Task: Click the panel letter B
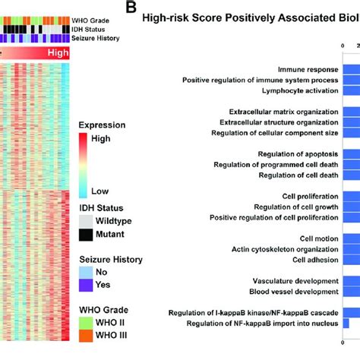point(131,8)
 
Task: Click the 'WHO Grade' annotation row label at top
point(90,21)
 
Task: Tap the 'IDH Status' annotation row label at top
point(88,30)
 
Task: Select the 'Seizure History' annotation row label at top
point(96,38)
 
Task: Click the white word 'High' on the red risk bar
point(58,52)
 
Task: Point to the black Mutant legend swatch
point(86,235)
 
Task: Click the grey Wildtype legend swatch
point(86,222)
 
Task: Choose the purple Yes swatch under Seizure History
point(86,286)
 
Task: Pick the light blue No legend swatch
point(86,273)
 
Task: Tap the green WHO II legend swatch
point(86,323)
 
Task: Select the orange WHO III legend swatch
point(86,336)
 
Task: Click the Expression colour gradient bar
point(83,166)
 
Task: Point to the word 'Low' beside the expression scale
point(99,191)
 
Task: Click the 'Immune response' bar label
point(308,70)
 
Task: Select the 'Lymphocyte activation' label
point(300,90)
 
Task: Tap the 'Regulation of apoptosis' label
point(298,154)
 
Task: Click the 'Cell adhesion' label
point(315,260)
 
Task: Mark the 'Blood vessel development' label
point(294,292)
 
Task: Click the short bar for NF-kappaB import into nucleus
point(346,324)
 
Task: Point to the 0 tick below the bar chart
point(343,343)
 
